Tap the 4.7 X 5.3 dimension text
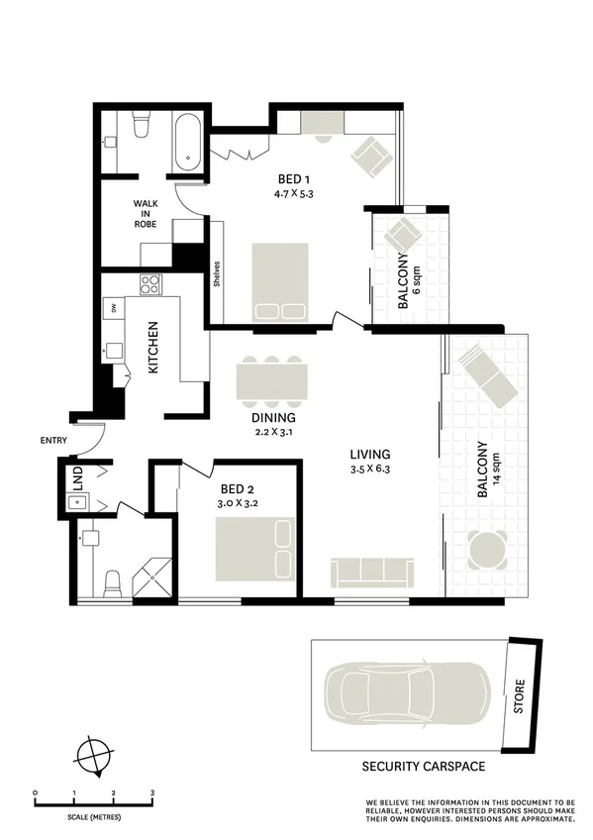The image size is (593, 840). click(295, 194)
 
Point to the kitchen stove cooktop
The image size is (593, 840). click(149, 284)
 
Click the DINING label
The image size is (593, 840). click(272, 417)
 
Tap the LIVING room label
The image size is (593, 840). click(369, 455)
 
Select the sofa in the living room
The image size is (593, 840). click(367, 572)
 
